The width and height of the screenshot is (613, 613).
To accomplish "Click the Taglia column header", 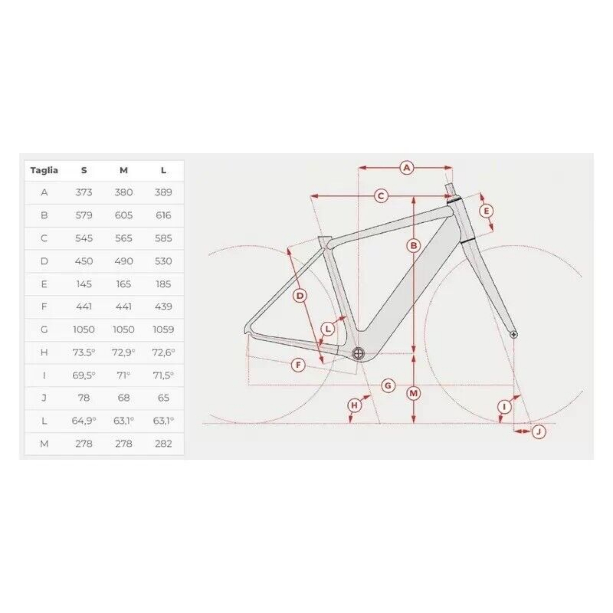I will (x=44, y=170).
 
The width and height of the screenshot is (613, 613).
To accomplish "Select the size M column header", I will (x=124, y=170).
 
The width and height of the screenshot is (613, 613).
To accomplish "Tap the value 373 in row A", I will (x=84, y=193).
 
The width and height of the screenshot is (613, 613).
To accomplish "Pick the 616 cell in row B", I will (x=163, y=216).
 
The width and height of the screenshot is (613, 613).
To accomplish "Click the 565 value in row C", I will (x=124, y=238).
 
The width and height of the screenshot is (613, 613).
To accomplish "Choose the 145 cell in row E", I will (x=84, y=284).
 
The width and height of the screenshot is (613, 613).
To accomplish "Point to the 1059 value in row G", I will (x=163, y=329).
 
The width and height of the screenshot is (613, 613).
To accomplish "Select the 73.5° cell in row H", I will (x=84, y=352).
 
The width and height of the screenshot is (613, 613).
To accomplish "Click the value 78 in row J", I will (x=84, y=398).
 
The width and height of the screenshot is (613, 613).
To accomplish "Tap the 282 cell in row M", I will (x=163, y=444).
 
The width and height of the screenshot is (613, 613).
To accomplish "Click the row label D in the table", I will (x=44, y=261).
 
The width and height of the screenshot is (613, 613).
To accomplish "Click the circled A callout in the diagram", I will (x=407, y=168).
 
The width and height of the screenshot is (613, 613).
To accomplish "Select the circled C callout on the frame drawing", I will (x=381, y=196).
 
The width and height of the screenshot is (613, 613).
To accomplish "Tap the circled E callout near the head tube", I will (x=487, y=211).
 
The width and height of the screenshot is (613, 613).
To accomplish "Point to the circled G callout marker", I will (x=388, y=385).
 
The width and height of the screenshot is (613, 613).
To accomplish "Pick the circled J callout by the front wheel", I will (x=539, y=432).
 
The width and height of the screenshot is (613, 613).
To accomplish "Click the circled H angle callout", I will (x=354, y=406).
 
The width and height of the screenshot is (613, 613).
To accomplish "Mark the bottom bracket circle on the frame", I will (x=358, y=353).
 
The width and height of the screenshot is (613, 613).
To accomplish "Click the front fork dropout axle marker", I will (x=514, y=334).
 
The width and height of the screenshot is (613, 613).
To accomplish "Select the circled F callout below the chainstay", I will (x=298, y=365).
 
